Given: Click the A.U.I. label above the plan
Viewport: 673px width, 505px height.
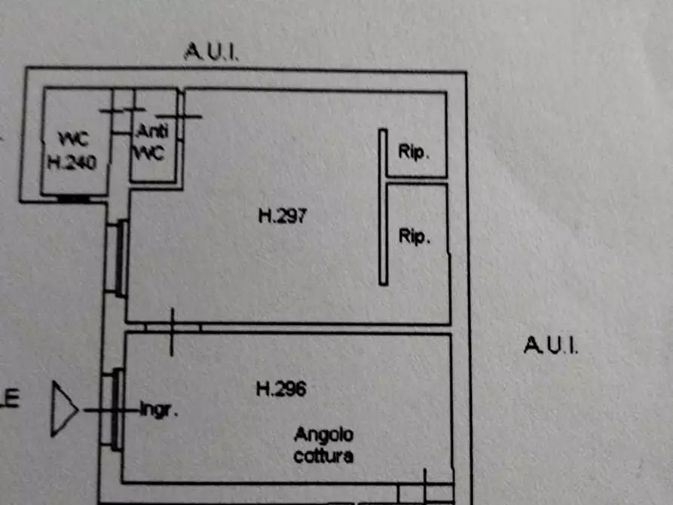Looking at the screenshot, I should coord(212,52).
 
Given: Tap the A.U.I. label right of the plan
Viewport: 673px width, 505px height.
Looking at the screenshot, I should coord(550,346).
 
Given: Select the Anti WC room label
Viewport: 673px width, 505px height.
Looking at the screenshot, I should coord(154,141).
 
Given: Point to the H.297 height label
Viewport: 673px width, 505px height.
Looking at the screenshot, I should coord(283,216).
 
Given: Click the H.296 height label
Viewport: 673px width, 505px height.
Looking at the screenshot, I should coord(281,390).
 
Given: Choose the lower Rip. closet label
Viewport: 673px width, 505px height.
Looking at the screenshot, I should coord(414,237).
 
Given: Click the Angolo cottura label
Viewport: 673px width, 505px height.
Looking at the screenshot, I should coord(324,445).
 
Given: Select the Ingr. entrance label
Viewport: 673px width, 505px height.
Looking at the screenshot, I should coord(159,411).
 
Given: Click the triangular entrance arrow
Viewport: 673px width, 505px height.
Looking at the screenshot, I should coord(63,409).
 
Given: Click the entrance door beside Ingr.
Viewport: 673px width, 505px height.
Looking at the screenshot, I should coord(116,409).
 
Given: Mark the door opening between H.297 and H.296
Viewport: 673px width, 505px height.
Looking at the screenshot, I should coord(173,328).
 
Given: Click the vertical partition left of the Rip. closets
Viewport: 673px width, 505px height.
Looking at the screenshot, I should coord(383,207).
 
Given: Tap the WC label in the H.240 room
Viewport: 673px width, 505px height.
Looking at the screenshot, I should coord(74,139).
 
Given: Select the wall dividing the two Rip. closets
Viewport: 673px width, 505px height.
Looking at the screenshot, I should coord(417,181).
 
